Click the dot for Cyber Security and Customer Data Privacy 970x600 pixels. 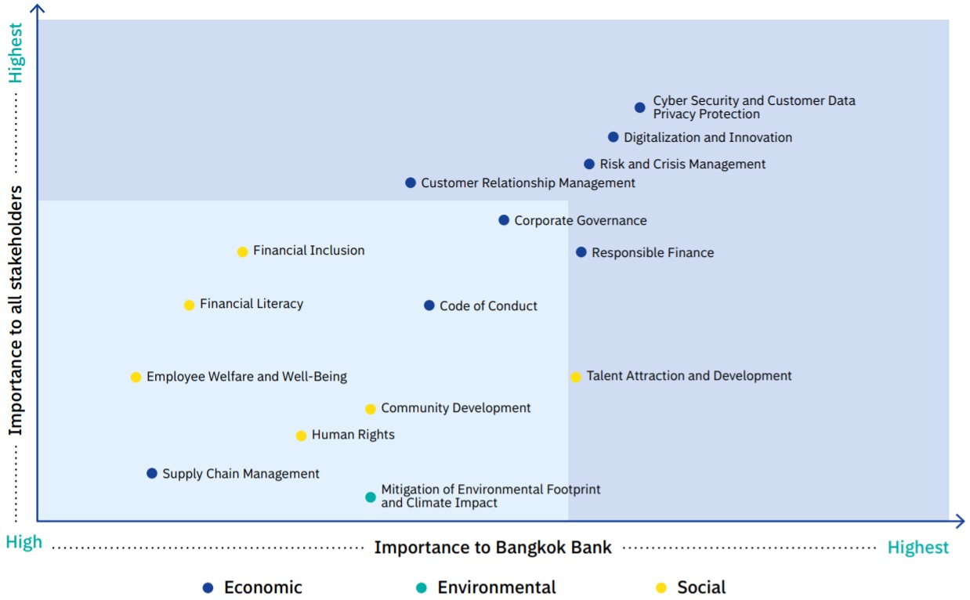pos(639,107)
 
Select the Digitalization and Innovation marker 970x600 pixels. pos(613,137)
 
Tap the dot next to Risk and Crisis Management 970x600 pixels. pos(589,164)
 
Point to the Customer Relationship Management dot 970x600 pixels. pos(411,183)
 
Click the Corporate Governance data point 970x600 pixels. pos(504,220)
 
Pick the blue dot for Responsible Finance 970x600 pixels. pos(581,252)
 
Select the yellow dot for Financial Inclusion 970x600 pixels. pos(243,251)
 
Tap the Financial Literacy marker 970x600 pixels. pos(190,305)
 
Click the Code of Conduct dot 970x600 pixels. pos(429,305)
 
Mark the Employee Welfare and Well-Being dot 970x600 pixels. pos(136,377)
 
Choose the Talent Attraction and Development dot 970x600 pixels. pos(576,377)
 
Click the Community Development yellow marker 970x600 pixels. pos(371,409)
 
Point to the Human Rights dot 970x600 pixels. pos(301,436)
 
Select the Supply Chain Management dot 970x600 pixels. pos(151,473)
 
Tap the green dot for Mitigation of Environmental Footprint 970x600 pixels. pos(371,497)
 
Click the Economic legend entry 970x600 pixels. pos(252,587)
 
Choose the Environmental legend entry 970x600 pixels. pos(486,587)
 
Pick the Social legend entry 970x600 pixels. pos(691,587)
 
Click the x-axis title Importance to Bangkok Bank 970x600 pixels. pos(493,548)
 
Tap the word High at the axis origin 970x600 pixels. pos(24,542)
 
